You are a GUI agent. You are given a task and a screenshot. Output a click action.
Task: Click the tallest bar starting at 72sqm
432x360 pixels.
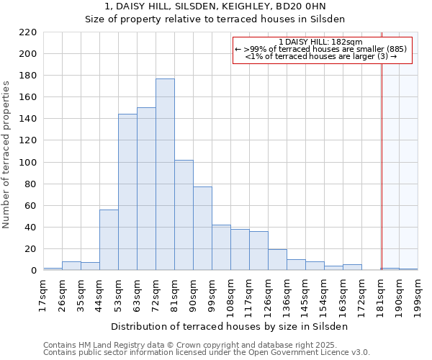coord(165,174)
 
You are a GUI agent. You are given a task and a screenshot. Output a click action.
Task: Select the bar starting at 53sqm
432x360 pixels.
coord(127,192)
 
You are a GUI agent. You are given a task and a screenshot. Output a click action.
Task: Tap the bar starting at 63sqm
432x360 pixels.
coord(146,189)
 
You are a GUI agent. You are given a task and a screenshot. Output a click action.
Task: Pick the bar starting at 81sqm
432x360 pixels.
coord(184,215)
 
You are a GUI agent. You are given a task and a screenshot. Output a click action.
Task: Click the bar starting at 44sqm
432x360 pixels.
coord(109,240)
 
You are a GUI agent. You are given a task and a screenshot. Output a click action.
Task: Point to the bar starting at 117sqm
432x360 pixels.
coord(258,251)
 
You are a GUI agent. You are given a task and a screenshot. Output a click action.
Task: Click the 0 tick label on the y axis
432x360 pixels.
coord(33,271)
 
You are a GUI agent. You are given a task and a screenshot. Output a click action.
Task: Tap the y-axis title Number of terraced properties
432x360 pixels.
coord(7,155)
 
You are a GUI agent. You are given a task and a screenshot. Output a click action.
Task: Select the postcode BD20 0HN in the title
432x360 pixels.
coord(305,6)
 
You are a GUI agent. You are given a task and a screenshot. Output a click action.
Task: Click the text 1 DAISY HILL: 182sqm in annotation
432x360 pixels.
coord(321,42)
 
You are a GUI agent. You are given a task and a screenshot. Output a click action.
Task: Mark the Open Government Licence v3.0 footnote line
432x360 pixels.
coord(207,353)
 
